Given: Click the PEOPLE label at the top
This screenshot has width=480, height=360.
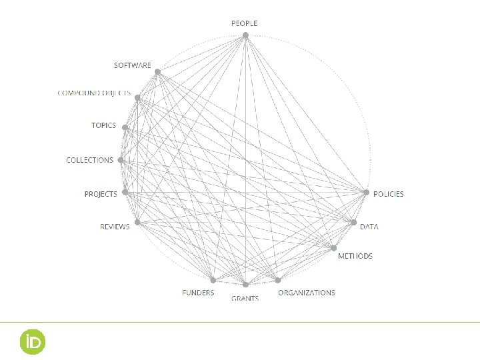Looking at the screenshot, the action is pos(244,23).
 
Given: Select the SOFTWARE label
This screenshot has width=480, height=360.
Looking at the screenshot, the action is pos(133,65).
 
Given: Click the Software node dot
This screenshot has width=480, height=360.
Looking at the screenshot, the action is pos(158,72).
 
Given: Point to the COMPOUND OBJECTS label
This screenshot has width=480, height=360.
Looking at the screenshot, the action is pos(94,95).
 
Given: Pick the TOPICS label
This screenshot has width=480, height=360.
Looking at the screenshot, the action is pos(103,125).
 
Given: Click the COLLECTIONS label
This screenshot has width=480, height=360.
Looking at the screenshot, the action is pos(90,160).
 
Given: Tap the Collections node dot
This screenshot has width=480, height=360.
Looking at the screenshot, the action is pos(120,160).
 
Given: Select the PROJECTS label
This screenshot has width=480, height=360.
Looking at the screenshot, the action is pos(101,194).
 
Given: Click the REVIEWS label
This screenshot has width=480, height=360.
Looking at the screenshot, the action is pos(115,227).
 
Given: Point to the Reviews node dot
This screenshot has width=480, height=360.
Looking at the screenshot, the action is pos(137,222).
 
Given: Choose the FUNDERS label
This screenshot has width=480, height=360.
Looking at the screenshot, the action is pos(199,293).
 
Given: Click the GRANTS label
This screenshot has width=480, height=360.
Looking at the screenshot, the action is pos(245,298).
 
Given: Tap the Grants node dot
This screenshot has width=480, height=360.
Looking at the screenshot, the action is pos(245,285).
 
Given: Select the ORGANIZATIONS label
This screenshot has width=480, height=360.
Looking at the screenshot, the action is pos(307,293).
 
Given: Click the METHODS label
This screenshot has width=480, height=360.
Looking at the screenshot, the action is pos(355,256).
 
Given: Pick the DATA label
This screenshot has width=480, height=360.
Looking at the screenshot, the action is pos(369,227).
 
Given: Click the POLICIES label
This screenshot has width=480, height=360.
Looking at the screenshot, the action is pos(388,194).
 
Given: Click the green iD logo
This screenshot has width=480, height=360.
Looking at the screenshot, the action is pos(32,341).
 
